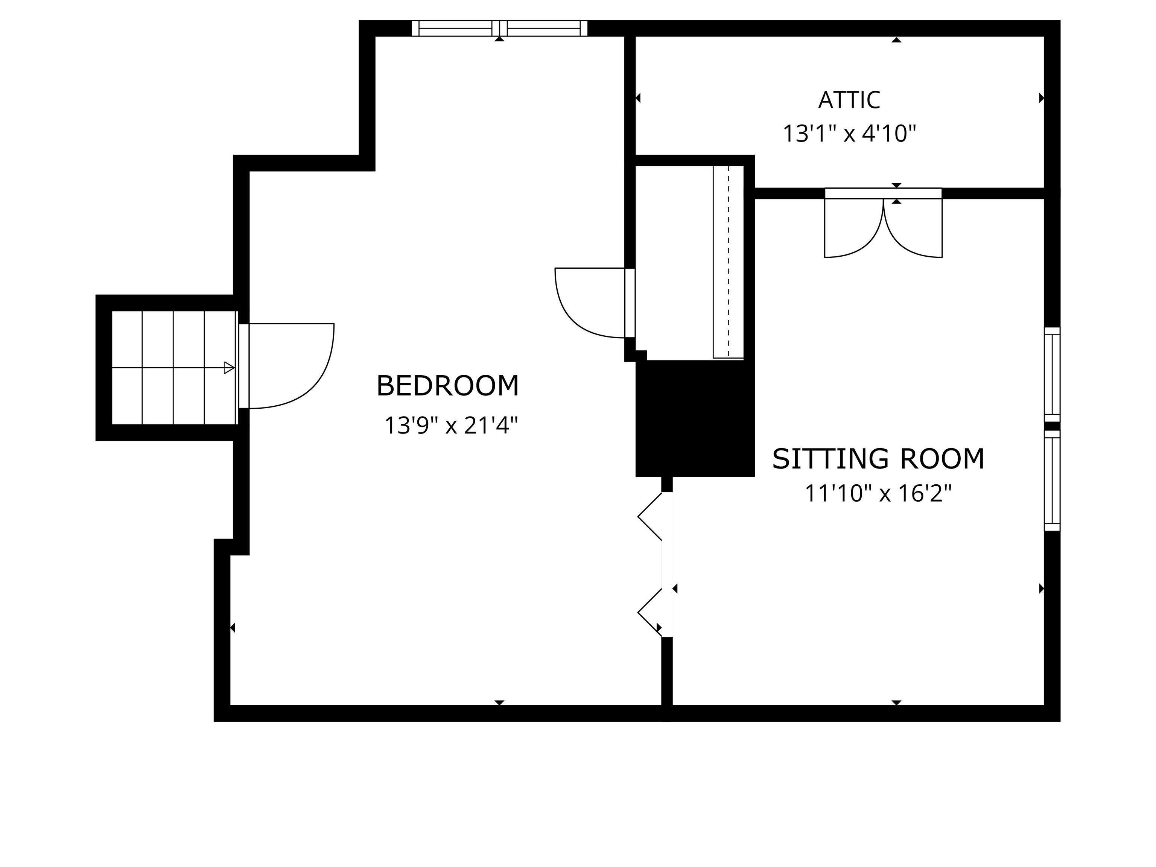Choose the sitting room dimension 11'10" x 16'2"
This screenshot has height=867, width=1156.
click(x=878, y=493)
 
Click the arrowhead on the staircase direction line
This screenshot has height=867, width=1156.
click(x=229, y=368)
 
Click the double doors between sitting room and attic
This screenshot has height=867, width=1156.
click(x=883, y=225)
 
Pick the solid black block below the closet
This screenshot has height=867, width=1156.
click(x=695, y=418)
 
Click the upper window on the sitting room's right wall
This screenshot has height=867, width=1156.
click(x=1052, y=374)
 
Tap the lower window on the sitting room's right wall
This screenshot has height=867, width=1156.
click(x=1052, y=481)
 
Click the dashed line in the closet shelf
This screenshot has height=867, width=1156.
click(x=729, y=261)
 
